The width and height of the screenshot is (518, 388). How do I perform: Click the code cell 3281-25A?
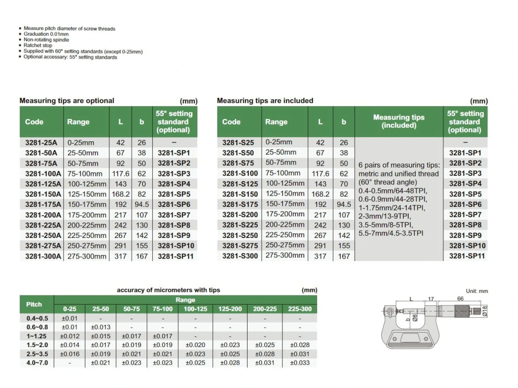[x=41, y=143]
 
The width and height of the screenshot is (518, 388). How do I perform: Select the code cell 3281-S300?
[x=240, y=256]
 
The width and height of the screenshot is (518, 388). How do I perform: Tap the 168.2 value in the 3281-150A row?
[x=120, y=194]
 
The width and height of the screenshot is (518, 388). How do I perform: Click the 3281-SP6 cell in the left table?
[x=174, y=204]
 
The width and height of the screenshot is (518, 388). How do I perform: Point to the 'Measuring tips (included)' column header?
[x=398, y=122]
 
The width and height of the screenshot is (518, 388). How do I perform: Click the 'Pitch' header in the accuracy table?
[x=34, y=304]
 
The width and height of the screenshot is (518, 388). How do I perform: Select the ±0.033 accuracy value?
[x=299, y=363]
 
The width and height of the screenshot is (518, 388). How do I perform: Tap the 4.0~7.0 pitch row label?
[x=37, y=363]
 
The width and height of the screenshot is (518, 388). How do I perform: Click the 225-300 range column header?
[x=299, y=309]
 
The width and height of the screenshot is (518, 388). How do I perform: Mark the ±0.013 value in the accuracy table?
[x=100, y=327]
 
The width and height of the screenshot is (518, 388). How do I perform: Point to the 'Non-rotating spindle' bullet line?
[x=46, y=40]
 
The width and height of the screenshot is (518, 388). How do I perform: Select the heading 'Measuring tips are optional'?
[x=67, y=101]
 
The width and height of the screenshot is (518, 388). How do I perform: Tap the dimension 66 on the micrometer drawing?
[x=460, y=299]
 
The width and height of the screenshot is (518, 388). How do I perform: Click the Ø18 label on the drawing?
[x=485, y=311]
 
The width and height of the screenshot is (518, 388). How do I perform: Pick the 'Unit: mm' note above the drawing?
[x=477, y=291]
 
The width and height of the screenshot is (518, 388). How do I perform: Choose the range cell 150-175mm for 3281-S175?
[x=284, y=204]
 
